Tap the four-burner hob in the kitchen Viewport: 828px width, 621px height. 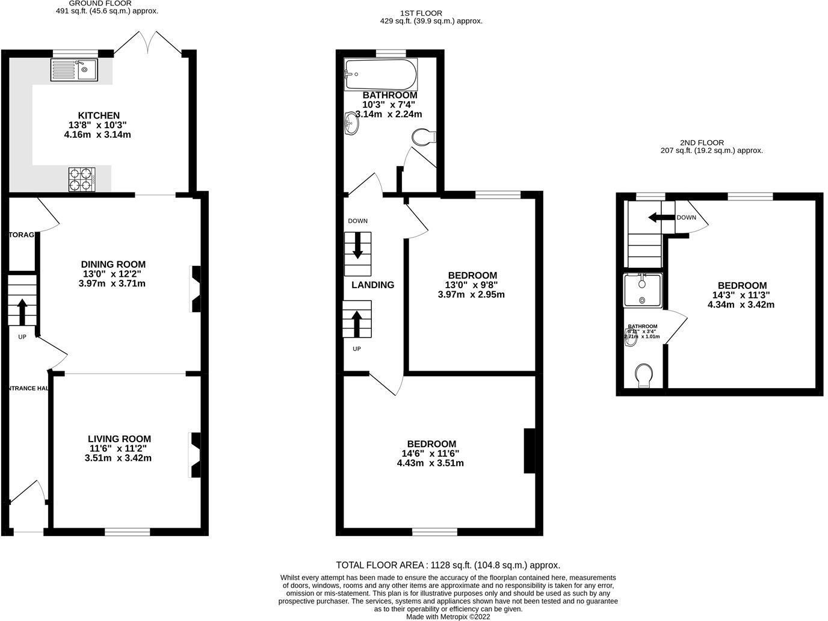pos(82,179)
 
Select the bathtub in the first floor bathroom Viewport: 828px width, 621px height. pos(380,74)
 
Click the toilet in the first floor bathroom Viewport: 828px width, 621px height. pos(424,138)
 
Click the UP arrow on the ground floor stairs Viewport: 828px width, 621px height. pos(22,312)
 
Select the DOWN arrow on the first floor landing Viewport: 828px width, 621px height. pos(357,246)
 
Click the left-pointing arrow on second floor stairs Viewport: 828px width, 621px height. pos(661,217)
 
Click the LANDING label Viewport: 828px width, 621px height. pos(372,285)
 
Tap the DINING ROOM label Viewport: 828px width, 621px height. pos(113,264)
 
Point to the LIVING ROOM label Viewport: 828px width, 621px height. pos(119,439)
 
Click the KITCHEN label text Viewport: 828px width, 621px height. pos(99,116)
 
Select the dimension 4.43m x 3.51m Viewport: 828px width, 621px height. pos(430,463)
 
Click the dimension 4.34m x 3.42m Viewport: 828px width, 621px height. pos(741,304)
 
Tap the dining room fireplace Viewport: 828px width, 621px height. pos(196,289)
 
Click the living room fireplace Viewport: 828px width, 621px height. pos(196,454)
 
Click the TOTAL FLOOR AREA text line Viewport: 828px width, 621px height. pos(448,565)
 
